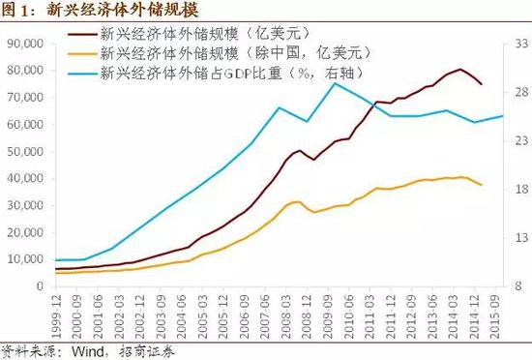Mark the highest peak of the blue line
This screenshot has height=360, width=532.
pyautogui.click(x=335, y=83)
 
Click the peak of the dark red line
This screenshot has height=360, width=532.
pyautogui.click(x=461, y=69)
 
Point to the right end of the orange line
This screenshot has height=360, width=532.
pyautogui.click(x=482, y=185)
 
